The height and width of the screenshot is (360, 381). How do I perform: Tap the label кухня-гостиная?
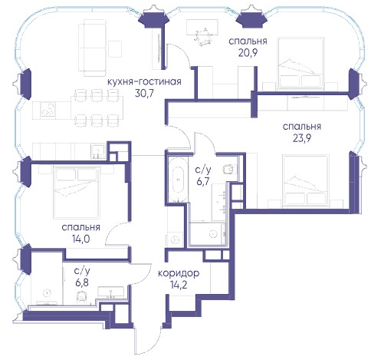144,81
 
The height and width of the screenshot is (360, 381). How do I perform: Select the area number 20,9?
248,52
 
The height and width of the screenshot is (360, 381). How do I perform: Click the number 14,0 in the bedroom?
80,239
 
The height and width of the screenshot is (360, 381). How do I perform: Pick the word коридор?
179,273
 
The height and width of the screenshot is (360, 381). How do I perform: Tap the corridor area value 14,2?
179,285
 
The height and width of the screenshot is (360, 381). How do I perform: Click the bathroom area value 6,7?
203,181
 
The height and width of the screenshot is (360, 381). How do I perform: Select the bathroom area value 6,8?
82,282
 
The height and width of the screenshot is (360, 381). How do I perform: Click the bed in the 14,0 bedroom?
77,193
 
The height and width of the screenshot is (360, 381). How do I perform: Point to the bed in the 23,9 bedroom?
306,181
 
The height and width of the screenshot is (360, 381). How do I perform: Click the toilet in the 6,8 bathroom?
81,296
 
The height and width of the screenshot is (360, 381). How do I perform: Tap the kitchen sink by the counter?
97,152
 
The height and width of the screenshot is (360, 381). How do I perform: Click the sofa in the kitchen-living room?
92,48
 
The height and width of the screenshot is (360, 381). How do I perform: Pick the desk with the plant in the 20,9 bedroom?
203,28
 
